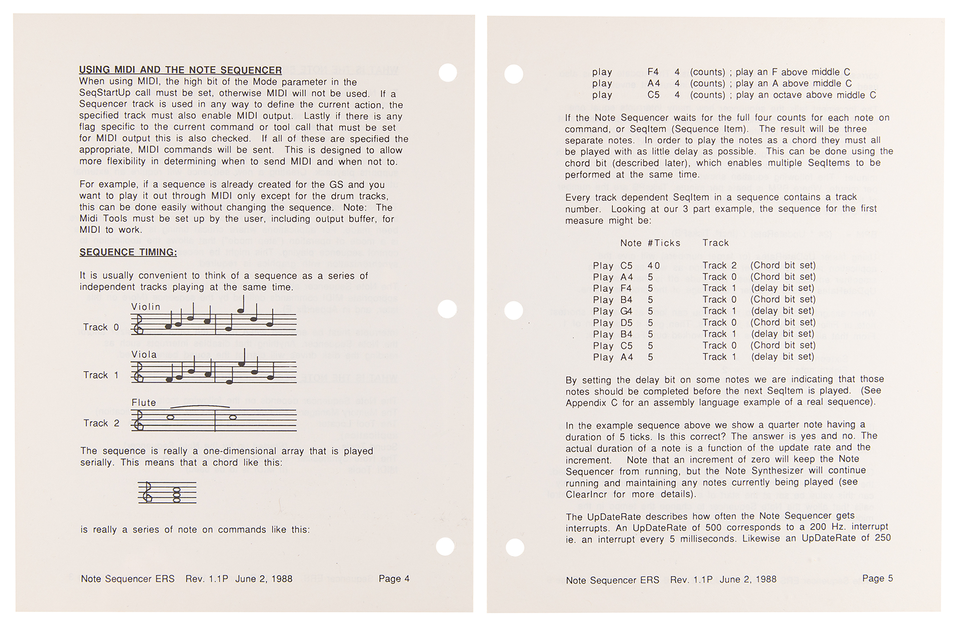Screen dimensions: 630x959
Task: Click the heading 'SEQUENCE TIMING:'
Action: [x=128, y=252]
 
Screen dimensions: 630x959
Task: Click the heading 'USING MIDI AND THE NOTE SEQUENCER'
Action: [x=180, y=70]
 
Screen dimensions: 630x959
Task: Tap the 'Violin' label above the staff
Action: [x=146, y=307]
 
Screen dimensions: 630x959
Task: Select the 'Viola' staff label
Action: [x=144, y=355]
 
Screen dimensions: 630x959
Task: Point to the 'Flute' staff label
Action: [x=144, y=403]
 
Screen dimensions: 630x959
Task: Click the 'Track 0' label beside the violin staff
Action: [x=101, y=327]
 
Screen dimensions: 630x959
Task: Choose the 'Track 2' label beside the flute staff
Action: [x=101, y=423]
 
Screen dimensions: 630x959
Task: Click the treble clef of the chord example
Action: [x=147, y=492]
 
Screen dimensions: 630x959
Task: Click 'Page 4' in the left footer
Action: [x=394, y=579]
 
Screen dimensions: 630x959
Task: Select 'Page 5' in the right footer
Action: [x=877, y=579]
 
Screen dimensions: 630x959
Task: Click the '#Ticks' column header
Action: [x=664, y=243]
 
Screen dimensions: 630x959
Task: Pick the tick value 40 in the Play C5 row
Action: [x=654, y=266]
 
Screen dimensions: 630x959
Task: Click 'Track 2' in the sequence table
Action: [x=719, y=266]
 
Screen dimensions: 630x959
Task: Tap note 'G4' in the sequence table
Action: [x=626, y=311]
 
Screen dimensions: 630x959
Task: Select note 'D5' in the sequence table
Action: [x=626, y=323]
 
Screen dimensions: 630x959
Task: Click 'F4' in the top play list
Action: [x=653, y=72]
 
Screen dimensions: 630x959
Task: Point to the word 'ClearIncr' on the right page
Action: [x=586, y=494]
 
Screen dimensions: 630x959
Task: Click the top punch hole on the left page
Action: [x=448, y=73]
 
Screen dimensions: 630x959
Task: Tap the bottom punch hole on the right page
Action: [x=515, y=547]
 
